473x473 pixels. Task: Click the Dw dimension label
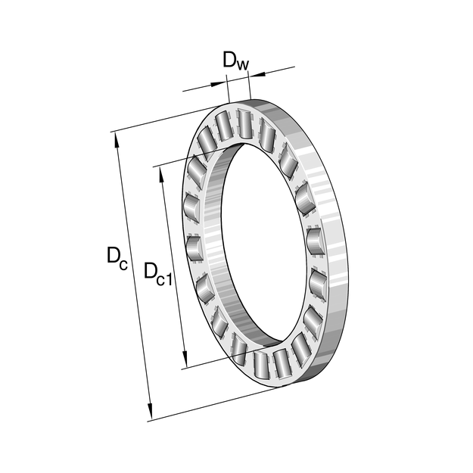pyautogui.click(x=236, y=61)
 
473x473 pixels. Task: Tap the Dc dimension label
pyautogui.click(x=117, y=259)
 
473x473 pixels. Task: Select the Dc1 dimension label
pyautogui.click(x=157, y=274)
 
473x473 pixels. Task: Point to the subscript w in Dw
pyautogui.click(x=242, y=64)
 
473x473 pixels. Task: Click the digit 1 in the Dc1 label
pyautogui.click(x=169, y=279)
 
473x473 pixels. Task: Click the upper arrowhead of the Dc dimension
pyautogui.click(x=117, y=139)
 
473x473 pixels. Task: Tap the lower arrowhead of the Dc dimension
pyautogui.click(x=149, y=411)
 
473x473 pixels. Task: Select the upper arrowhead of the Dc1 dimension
pyautogui.click(x=161, y=174)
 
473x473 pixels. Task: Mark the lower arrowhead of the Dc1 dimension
pyautogui.click(x=185, y=359)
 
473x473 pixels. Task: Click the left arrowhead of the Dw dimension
pyautogui.click(x=218, y=84)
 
